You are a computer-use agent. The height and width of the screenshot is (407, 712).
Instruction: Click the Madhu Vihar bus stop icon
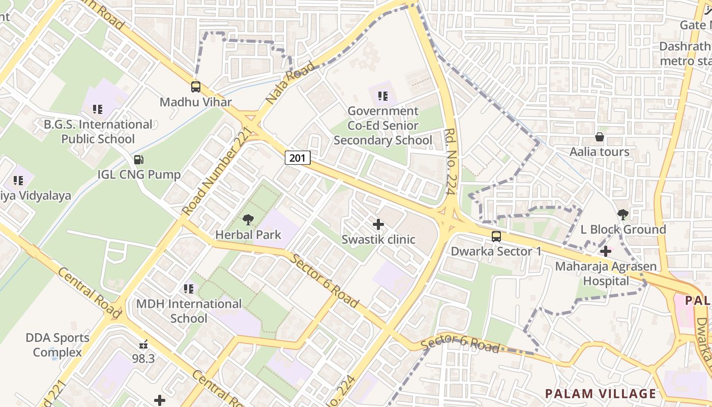click(196, 87)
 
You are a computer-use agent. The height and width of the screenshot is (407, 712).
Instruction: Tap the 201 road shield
click(297, 158)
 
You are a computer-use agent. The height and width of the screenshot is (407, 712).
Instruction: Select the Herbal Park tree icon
click(248, 220)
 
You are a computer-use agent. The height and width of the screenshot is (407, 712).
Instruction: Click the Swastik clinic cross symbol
click(378, 224)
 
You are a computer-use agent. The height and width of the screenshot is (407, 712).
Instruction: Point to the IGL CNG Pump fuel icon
click(138, 160)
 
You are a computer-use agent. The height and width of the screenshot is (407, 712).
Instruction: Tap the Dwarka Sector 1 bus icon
click(496, 237)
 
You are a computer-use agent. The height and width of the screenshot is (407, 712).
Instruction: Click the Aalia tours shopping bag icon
click(600, 137)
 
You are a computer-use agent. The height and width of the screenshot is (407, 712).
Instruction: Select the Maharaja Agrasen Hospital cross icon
click(606, 251)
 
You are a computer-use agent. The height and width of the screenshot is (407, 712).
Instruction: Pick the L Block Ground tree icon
click(623, 215)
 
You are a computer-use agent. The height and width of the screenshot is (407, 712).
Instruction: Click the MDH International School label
click(189, 311)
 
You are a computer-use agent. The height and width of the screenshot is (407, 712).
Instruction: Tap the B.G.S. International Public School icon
click(98, 109)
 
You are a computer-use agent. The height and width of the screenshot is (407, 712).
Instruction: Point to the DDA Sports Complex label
click(57, 345)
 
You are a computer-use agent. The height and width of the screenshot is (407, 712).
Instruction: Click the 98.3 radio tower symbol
click(143, 344)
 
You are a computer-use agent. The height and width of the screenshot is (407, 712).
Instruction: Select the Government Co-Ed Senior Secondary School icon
click(383, 96)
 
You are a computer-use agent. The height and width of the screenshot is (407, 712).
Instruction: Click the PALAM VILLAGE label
click(600, 393)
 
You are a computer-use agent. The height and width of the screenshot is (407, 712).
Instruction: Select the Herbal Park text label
click(248, 235)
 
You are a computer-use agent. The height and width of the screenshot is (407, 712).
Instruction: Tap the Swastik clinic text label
click(378, 240)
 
